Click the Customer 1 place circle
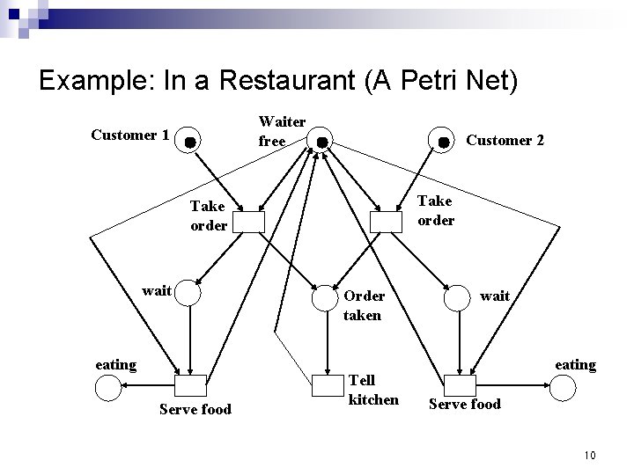188,141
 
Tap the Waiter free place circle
322,141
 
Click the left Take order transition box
247,222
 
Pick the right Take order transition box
387,223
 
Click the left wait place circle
188,293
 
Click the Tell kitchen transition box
325,385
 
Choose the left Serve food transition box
190,385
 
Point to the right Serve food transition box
458,385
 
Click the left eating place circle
107,385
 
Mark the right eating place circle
564,385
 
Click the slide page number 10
589,455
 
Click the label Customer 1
130,135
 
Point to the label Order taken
363,305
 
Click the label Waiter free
282,130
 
